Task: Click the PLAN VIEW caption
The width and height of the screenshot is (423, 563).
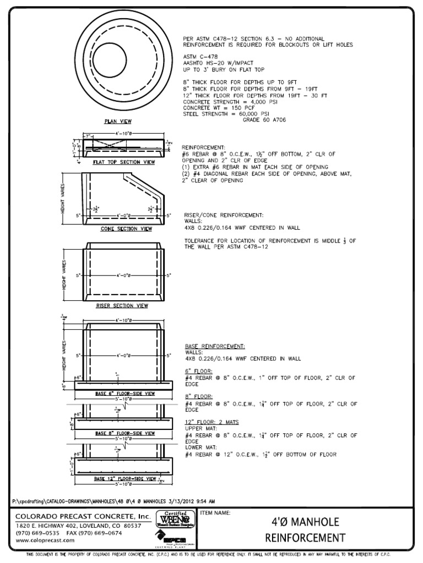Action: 118,121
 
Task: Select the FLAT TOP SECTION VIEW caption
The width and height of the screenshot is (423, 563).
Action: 123,163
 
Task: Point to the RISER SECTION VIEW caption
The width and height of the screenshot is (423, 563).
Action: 122,305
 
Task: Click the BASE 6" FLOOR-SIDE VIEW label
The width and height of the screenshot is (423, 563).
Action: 125,394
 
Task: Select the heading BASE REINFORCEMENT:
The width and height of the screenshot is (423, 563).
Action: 215,346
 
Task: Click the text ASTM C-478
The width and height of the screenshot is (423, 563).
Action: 200,57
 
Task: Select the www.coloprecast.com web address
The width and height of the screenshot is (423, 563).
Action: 45,540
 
